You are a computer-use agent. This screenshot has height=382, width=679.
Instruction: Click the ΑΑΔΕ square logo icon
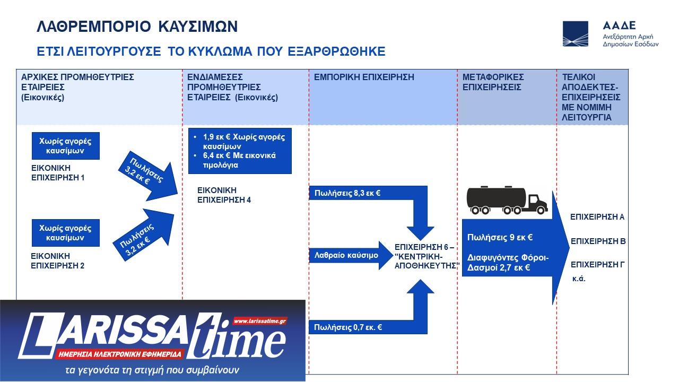tap(576, 33)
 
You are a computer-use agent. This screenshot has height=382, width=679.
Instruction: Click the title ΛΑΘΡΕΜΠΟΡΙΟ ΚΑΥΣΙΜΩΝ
tap(137, 27)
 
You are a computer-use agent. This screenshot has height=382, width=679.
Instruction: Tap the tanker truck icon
tap(507, 200)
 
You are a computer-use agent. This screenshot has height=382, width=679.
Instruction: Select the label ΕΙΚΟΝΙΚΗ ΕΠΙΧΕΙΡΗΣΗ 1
tap(58, 173)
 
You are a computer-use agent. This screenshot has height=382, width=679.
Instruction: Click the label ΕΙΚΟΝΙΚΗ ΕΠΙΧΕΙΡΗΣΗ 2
tap(58, 261)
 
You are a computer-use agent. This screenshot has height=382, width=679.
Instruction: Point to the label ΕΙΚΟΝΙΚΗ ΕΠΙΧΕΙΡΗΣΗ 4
tap(224, 195)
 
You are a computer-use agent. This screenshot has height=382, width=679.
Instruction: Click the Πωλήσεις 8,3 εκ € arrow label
tap(347, 193)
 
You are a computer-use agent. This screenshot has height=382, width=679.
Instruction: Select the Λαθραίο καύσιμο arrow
tap(351, 255)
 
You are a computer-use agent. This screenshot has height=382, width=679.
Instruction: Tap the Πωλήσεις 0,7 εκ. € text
tap(348, 327)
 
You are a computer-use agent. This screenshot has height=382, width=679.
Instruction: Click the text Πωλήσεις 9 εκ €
tap(500, 237)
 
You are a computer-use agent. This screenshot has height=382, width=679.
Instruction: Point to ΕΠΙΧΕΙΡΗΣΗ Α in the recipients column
tap(597, 217)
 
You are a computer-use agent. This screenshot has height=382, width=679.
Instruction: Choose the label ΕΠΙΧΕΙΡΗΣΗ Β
tap(598, 241)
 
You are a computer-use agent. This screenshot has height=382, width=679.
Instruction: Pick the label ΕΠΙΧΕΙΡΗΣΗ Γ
tap(598, 265)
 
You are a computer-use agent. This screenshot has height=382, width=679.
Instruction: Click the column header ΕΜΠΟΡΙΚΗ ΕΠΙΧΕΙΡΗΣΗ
tap(364, 77)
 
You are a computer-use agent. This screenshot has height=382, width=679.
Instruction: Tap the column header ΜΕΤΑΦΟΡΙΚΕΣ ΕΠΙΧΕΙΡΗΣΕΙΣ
tap(493, 82)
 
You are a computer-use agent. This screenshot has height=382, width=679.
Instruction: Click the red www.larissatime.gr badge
tap(260, 321)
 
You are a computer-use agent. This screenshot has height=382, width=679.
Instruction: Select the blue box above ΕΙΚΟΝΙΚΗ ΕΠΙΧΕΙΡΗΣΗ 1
tap(66, 146)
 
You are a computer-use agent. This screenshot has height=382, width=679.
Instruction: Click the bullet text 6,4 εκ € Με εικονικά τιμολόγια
tap(239, 160)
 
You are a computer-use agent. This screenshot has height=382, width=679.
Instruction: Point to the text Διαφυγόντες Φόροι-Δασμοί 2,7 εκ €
tap(508, 263)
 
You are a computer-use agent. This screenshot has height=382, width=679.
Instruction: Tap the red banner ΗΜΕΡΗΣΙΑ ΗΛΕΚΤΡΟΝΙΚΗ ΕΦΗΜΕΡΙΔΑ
tap(120, 354)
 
